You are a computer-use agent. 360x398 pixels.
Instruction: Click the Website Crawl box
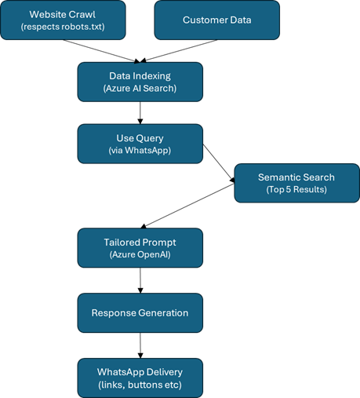point(63,20)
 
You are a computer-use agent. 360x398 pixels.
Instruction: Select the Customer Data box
point(217,20)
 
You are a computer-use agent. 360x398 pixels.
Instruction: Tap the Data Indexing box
point(140,82)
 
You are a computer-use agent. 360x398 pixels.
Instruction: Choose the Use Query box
point(140,144)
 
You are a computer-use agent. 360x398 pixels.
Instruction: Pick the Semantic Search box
point(297,183)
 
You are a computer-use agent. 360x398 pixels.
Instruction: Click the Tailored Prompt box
point(140,248)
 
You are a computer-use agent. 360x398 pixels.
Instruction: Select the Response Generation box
point(140,313)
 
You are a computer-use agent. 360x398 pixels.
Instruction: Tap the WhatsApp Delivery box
point(140,378)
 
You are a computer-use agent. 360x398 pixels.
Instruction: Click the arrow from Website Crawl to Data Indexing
point(101,51)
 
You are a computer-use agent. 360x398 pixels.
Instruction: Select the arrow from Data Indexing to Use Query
point(140,113)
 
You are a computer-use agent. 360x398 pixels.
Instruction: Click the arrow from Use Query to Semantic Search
point(219,163)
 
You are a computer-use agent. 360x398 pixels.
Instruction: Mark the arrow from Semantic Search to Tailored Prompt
point(187,206)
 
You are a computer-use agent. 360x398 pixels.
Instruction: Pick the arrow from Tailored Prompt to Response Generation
point(140,280)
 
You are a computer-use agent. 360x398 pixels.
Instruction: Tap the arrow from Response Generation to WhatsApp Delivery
point(140,345)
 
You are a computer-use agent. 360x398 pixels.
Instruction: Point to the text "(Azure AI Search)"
point(140,89)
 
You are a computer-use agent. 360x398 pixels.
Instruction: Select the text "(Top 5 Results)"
point(296,189)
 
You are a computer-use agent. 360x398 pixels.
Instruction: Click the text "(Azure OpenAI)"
point(140,254)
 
